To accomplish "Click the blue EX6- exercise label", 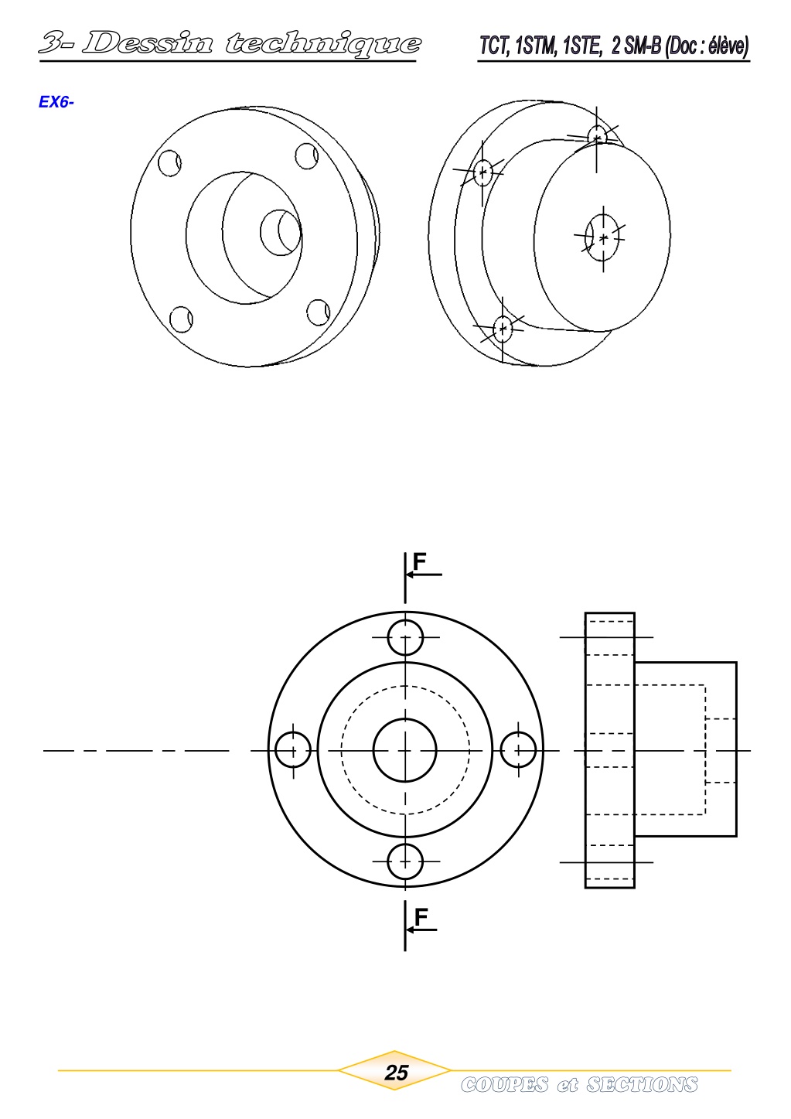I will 56,102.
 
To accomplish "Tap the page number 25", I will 396,1073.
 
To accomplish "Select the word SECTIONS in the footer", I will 641,1085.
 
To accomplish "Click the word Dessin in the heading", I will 147,43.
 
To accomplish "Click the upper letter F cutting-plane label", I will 420,561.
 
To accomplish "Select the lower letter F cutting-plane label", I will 421,917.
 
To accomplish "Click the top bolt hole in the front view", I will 405,638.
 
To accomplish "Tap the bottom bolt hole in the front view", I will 405,861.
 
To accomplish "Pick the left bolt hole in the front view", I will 293,750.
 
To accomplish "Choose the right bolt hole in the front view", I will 518,750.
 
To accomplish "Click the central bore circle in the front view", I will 405,750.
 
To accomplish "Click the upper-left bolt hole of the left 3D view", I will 169,163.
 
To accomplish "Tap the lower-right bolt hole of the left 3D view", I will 318,312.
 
